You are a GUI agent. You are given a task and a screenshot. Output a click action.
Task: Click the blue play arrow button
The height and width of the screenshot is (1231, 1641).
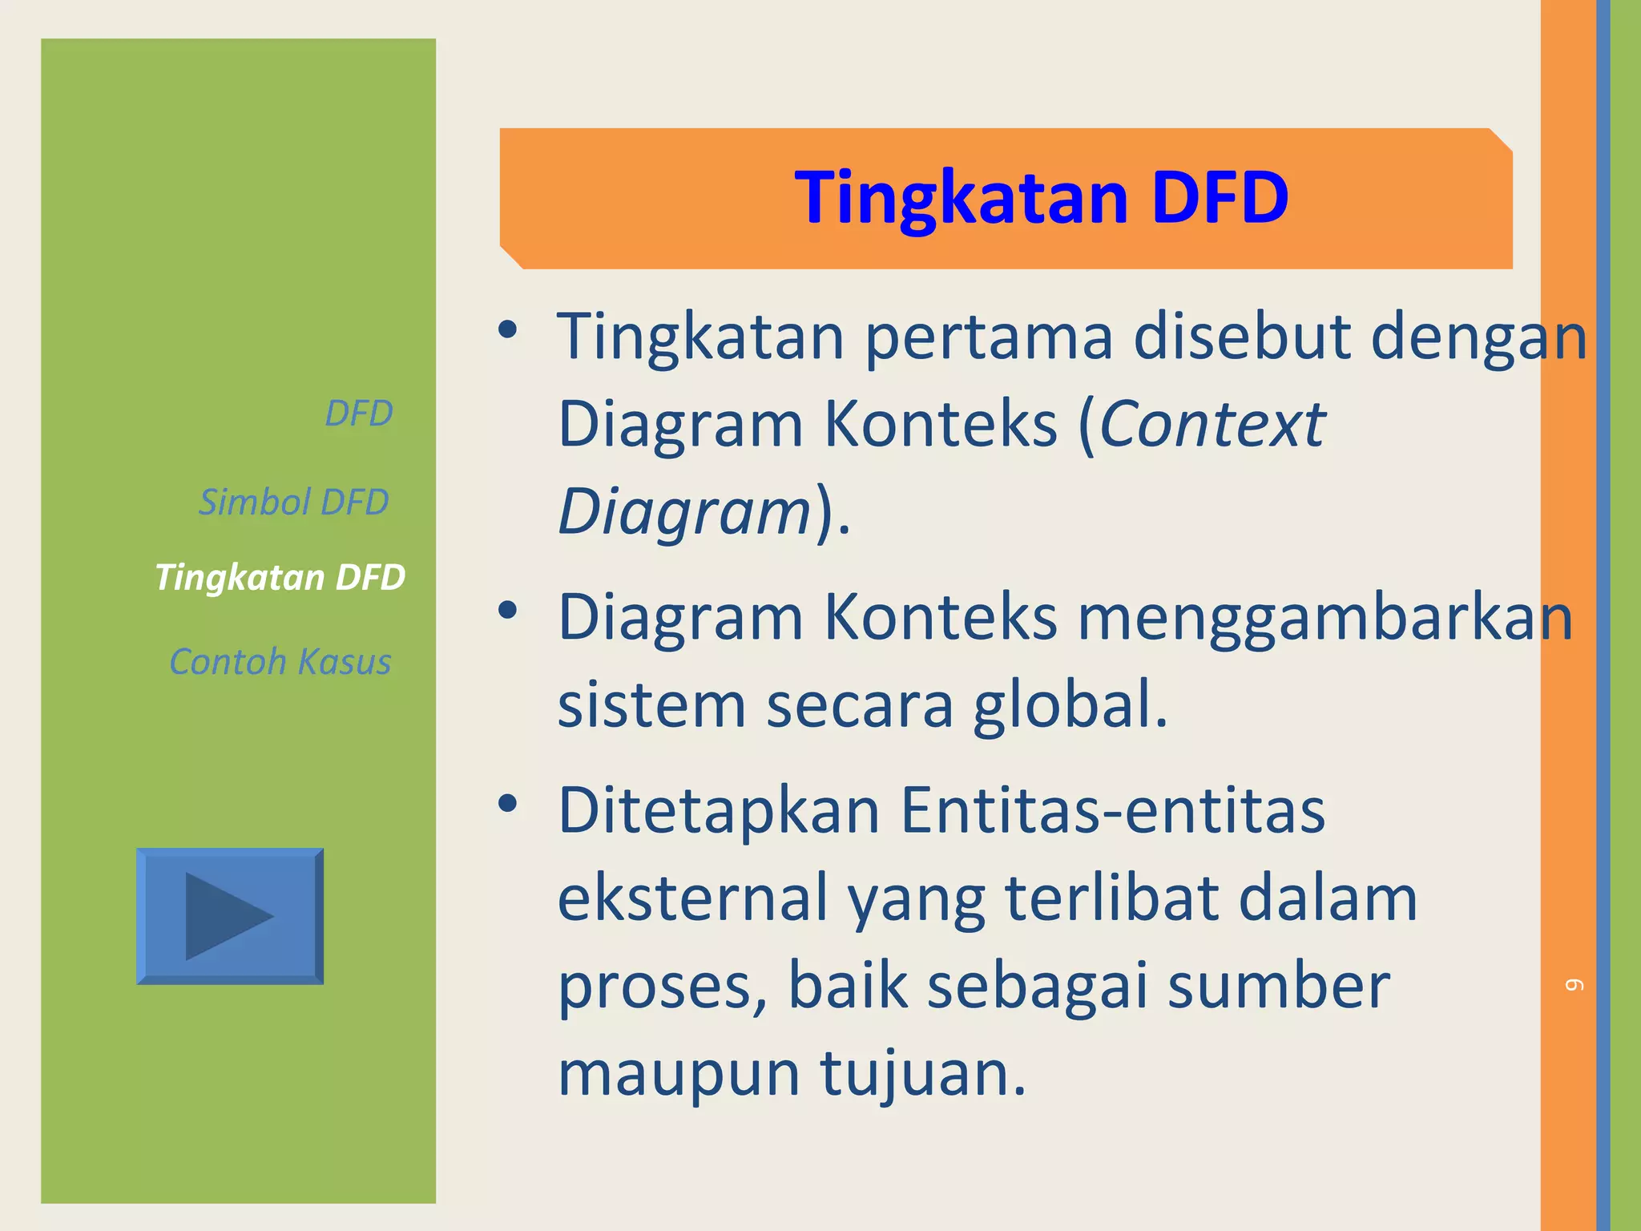point(230,916)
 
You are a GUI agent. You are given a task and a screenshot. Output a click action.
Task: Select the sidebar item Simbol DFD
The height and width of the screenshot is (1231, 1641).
point(293,502)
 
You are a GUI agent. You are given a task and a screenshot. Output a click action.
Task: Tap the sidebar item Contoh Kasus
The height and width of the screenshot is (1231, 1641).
point(280,662)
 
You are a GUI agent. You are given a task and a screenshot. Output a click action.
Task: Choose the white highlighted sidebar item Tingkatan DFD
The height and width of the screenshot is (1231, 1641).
point(280,577)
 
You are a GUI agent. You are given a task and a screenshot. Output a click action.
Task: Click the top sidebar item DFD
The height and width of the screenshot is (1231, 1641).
point(358,414)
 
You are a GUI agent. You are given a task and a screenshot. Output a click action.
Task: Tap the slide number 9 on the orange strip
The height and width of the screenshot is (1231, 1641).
point(1574,984)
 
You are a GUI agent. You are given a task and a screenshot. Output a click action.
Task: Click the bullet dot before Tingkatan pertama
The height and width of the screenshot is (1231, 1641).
point(507,329)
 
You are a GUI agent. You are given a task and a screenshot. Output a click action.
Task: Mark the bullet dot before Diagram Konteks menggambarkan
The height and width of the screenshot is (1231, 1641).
point(507,611)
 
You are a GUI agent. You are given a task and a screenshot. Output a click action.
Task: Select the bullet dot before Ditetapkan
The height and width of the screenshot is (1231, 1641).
point(507,803)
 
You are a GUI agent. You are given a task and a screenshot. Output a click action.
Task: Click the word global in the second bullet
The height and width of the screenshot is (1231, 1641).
point(1070,704)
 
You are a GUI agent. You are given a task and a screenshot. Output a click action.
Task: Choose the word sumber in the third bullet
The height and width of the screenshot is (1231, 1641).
point(1279,986)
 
